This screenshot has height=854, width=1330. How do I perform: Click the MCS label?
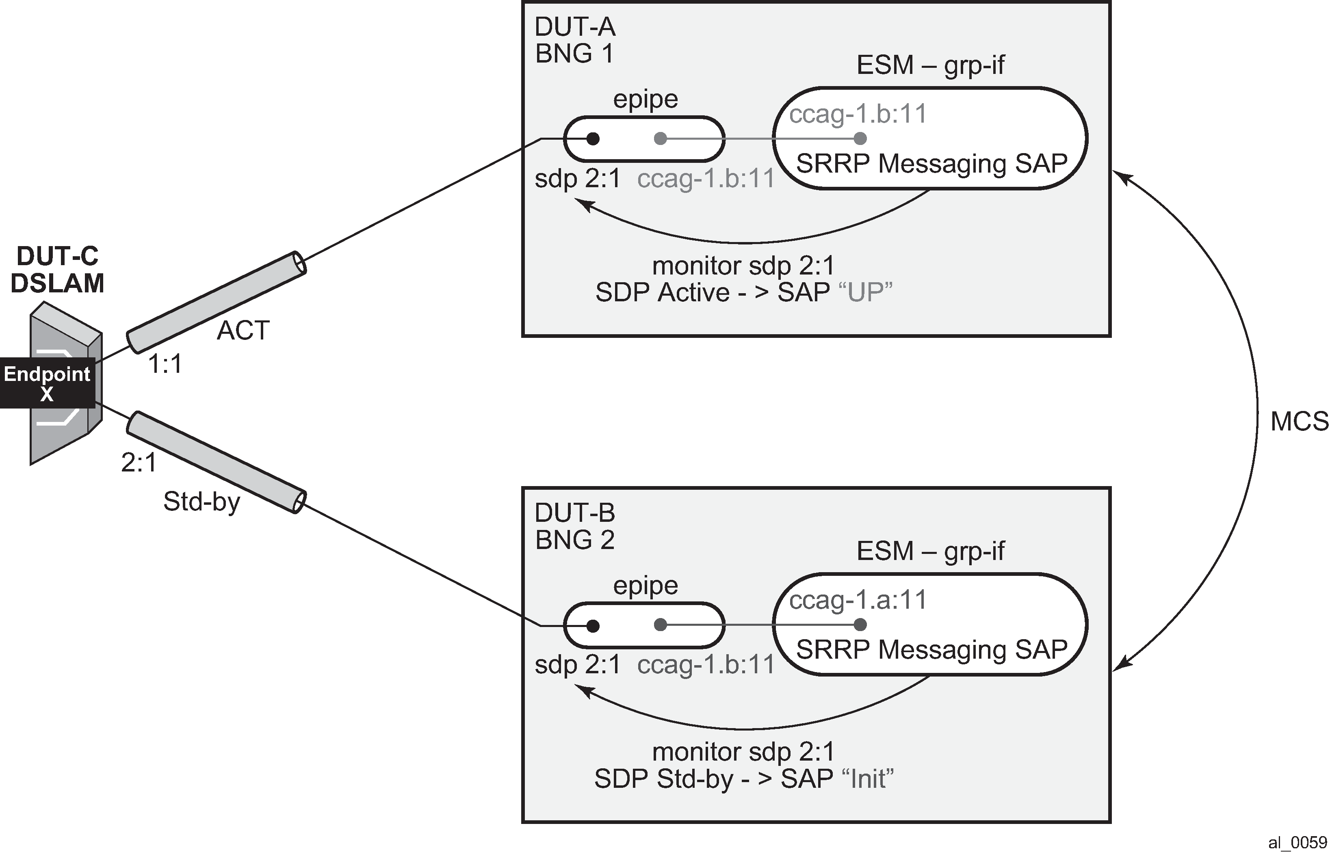[x=1300, y=422]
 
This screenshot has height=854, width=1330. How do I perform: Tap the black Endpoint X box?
[x=47, y=383]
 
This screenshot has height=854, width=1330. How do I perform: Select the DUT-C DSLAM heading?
[x=57, y=270]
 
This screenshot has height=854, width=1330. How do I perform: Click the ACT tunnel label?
[x=243, y=331]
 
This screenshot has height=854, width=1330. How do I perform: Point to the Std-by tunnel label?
[x=202, y=502]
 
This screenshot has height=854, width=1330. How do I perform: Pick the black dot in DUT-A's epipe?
[x=593, y=138]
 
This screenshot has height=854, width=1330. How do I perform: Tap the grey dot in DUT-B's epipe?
[x=660, y=625]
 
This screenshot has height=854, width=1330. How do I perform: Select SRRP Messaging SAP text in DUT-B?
[x=932, y=649]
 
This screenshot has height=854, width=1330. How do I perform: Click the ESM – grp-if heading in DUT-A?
[x=931, y=65]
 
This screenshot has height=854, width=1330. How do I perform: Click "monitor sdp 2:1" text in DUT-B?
[x=743, y=752]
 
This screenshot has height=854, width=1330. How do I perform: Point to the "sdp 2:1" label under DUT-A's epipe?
[x=577, y=179]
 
